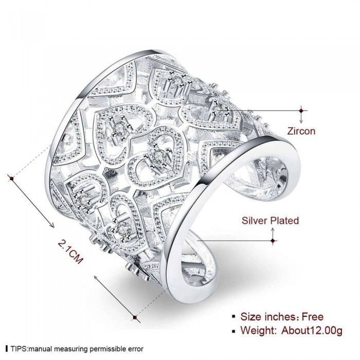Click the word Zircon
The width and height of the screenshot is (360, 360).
[301, 131]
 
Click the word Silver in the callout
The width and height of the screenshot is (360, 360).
[255, 221]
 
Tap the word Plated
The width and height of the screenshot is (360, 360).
[284, 221]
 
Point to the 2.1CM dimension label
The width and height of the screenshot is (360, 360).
[70, 251]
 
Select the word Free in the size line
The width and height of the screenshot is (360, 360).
[313, 317]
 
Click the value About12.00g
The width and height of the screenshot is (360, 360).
[312, 331]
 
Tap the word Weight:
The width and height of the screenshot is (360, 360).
[259, 331]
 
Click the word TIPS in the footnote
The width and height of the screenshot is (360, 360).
[19, 349]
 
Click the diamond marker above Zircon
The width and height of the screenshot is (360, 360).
[301, 111]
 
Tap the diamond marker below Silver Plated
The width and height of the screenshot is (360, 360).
[273, 241]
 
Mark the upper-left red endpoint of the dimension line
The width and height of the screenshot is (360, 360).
[11, 178]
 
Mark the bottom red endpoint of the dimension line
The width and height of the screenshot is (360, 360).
[135, 317]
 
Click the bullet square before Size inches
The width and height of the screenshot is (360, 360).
[233, 317]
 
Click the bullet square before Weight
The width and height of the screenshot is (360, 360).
[233, 331]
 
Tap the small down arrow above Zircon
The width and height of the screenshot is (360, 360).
[301, 119]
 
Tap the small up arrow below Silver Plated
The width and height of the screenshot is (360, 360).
[273, 232]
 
